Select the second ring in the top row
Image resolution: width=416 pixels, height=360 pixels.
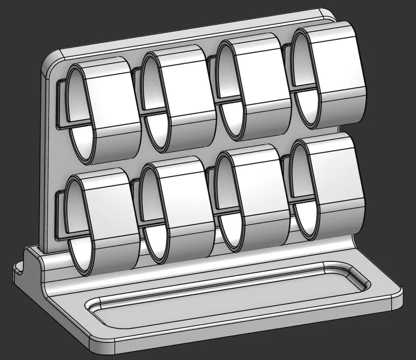176,98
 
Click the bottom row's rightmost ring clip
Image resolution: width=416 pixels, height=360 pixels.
328,184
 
